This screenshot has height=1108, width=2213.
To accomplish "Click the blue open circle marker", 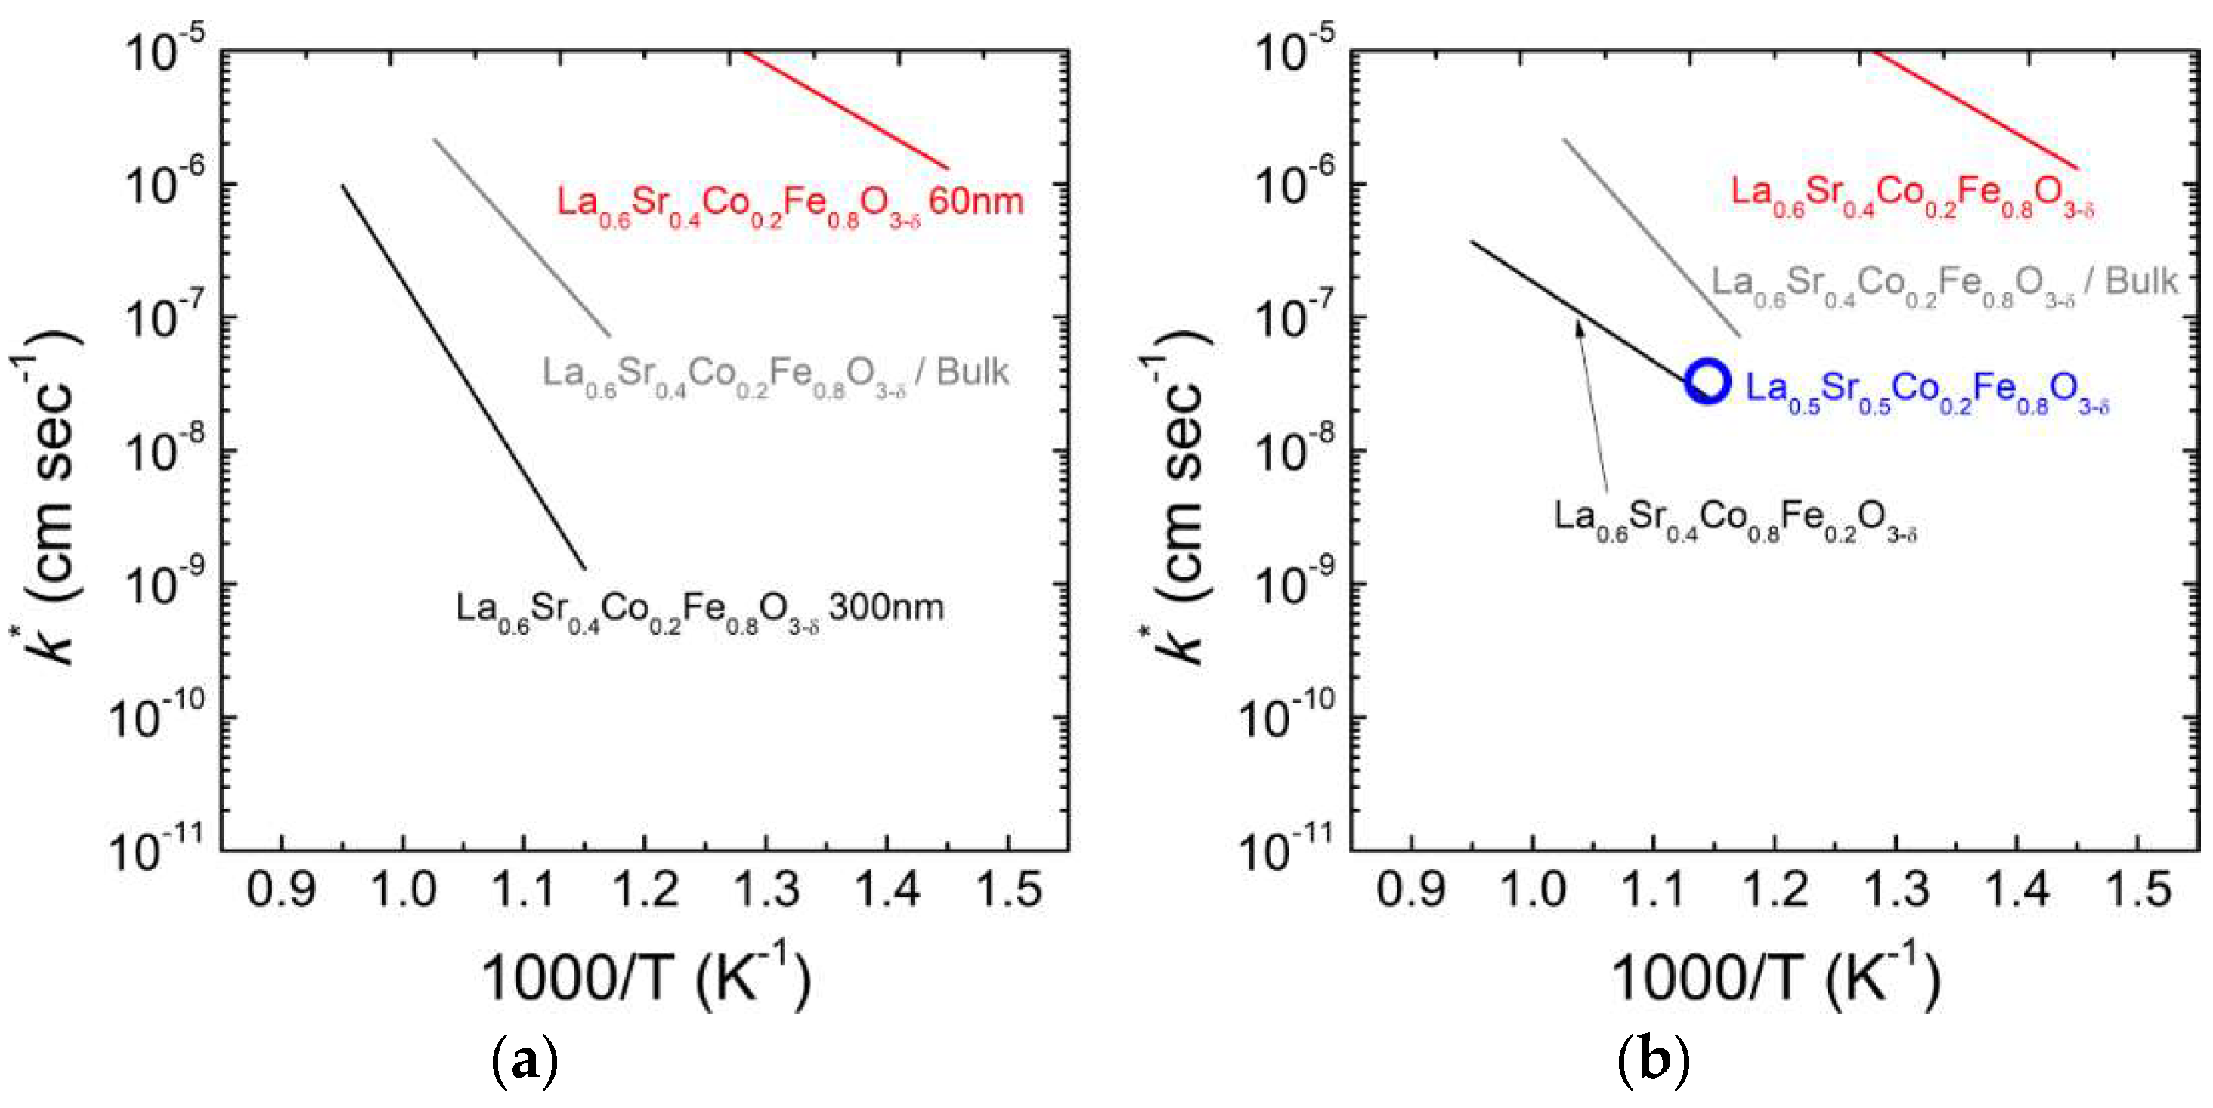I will [1706, 382].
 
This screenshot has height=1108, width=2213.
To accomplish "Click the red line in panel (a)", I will [847, 110].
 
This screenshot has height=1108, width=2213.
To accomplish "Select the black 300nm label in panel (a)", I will [699, 610].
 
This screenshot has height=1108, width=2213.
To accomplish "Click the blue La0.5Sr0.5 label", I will [1927, 391].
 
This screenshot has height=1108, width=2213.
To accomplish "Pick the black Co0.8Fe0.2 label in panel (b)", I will [1735, 518].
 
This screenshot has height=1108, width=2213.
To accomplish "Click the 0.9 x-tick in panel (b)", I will [1410, 889].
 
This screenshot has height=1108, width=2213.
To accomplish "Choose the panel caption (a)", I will [524, 1062].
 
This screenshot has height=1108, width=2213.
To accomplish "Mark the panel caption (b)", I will [1653, 1062].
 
